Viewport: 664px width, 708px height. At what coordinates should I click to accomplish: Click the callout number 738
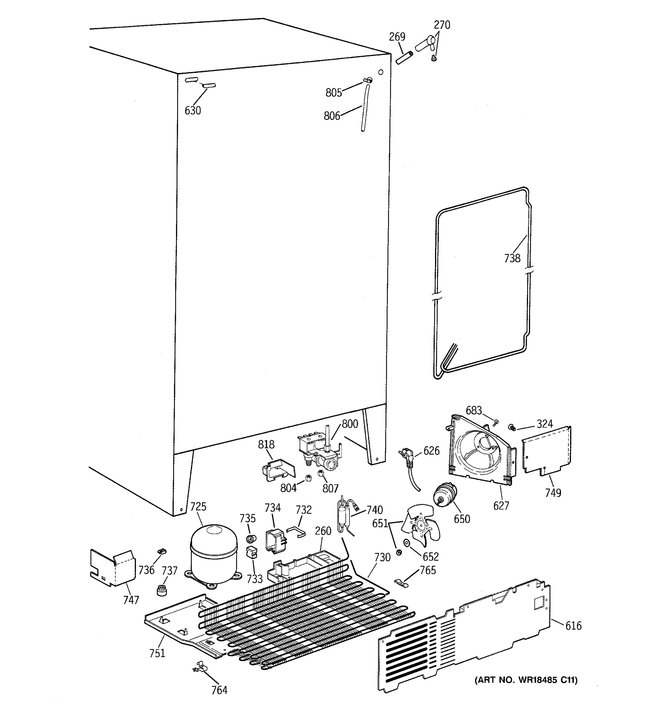pyautogui.click(x=512, y=258)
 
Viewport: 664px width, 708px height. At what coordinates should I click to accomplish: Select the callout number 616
pyautogui.click(x=573, y=625)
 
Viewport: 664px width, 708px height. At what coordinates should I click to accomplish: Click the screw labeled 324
pyautogui.click(x=512, y=427)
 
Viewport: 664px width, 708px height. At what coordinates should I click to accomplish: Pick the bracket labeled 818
pyautogui.click(x=278, y=469)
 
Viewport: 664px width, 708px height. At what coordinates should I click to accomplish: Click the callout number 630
pyautogui.click(x=193, y=111)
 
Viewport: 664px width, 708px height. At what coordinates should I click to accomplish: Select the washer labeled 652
pyautogui.click(x=406, y=543)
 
